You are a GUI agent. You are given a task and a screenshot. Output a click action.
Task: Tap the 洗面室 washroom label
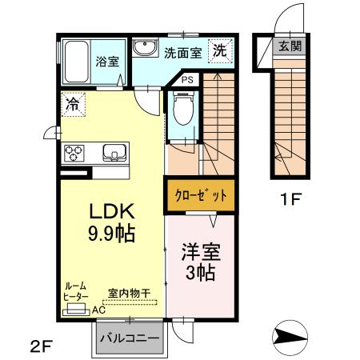183,54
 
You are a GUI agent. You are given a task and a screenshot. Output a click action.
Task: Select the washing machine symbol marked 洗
218,50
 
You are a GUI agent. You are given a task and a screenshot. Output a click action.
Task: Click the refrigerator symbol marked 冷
72,102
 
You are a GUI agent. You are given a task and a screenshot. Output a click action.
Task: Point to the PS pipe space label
186,80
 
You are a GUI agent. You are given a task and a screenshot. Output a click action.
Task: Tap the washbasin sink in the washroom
146,48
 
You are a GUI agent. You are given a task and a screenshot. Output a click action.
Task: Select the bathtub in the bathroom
77,60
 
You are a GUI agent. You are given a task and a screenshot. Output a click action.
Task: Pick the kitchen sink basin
112,151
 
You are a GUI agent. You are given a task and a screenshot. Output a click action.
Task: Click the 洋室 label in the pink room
198,250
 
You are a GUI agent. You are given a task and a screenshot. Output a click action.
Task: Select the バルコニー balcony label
130,338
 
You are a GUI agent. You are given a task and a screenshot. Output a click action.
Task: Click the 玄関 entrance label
290,46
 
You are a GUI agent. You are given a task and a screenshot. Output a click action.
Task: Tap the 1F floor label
290,198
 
